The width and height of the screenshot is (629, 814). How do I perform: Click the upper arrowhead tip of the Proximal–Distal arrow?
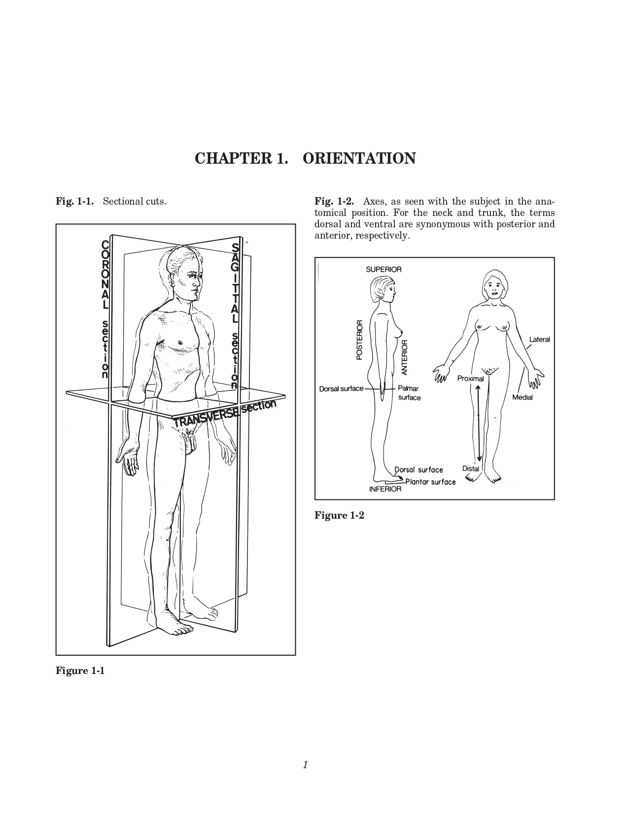pyautogui.click(x=479, y=386)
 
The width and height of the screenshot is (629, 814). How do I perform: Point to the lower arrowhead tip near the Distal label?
pyautogui.click(x=479, y=461)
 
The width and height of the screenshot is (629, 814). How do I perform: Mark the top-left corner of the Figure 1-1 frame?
pyautogui.click(x=56, y=224)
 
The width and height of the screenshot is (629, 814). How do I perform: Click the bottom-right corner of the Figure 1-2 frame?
pyautogui.click(x=554, y=499)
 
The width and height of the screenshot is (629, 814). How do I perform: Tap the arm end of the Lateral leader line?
pyautogui.click(x=525, y=349)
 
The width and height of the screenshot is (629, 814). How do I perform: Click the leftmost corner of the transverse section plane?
pyautogui.click(x=66, y=392)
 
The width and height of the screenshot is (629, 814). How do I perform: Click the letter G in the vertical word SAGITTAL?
pyautogui.click(x=235, y=267)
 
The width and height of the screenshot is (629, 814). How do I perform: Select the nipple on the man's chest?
pyautogui.click(x=180, y=342)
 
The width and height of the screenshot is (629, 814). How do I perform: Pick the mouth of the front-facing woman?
pyautogui.click(x=494, y=293)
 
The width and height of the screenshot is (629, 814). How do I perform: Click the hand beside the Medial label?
pyautogui.click(x=535, y=378)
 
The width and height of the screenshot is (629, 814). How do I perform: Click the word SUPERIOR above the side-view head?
pyautogui.click(x=384, y=269)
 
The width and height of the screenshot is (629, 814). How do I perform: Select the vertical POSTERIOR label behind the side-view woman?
pyautogui.click(x=359, y=340)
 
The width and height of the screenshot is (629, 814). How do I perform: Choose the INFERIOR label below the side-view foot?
pyautogui.click(x=385, y=489)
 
